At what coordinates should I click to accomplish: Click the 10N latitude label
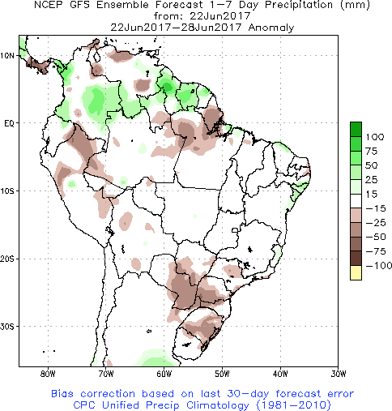tap(7, 56)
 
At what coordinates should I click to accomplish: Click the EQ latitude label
tap(9, 123)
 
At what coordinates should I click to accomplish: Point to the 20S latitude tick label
tap(7, 259)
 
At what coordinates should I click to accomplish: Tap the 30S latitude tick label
tap(7, 327)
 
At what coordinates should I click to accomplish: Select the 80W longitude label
tap(48, 374)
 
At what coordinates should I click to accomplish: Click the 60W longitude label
tap(164, 374)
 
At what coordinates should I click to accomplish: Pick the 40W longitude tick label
tap(280, 374)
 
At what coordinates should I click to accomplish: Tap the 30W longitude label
tap(339, 374)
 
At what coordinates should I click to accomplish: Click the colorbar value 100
tap(375, 137)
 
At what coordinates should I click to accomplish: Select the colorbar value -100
tap(379, 266)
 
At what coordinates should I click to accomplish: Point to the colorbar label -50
tap(375, 237)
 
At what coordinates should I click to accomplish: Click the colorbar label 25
tap(372, 180)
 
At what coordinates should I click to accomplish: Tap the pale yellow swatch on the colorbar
tap(356, 272)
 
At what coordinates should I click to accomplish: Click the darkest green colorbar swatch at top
tap(356, 129)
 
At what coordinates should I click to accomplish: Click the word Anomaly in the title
tap(271, 28)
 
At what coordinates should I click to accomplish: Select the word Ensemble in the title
tap(122, 5)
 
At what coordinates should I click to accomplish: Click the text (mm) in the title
tap(355, 5)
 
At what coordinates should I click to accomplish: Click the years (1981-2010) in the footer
tap(293, 405)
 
